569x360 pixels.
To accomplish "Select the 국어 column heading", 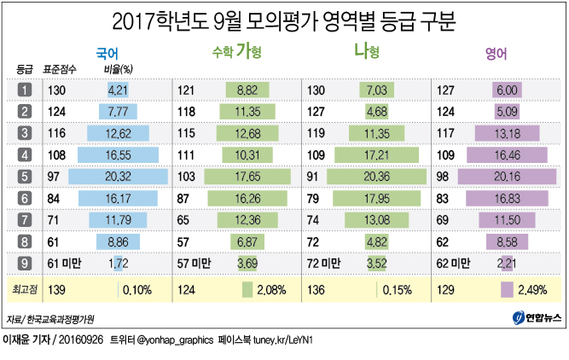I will click(107, 53).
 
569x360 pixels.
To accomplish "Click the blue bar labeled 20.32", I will click(119, 177).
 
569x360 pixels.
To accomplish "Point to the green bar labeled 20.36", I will click(374, 177).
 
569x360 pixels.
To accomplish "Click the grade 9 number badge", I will click(25, 262).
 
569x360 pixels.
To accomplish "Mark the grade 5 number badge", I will click(25, 177).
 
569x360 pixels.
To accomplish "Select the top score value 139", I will click(59, 290).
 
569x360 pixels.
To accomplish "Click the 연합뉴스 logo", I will click(537, 318).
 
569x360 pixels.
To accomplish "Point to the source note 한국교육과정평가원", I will click(60, 320).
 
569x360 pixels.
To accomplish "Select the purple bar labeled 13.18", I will click(508, 132).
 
